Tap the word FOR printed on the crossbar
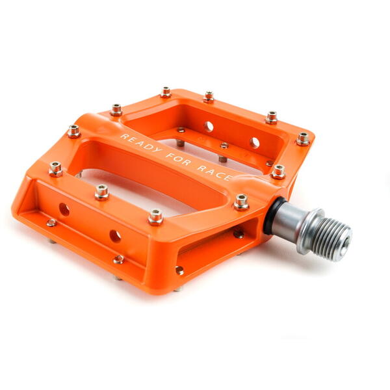point(179,159)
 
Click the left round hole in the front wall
point(64,209)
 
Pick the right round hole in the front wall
point(115,237)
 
